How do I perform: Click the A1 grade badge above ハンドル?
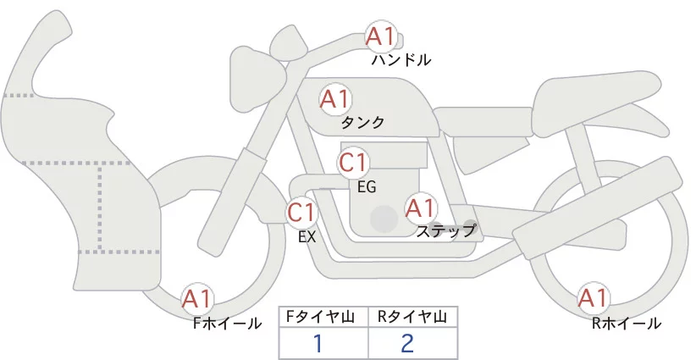(380, 36)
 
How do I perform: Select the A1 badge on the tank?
(335, 99)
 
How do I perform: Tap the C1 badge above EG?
(354, 162)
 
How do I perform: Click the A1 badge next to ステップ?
(421, 207)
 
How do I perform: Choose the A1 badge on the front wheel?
(198, 299)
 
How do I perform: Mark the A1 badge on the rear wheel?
(594, 298)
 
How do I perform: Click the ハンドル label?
(401, 60)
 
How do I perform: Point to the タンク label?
(362, 123)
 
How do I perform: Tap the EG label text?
(367, 187)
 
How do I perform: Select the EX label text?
(307, 237)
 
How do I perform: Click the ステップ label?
(446, 230)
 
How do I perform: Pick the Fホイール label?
(228, 323)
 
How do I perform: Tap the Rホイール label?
(627, 323)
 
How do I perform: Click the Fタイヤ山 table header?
(324, 317)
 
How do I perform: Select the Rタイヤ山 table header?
(412, 317)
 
